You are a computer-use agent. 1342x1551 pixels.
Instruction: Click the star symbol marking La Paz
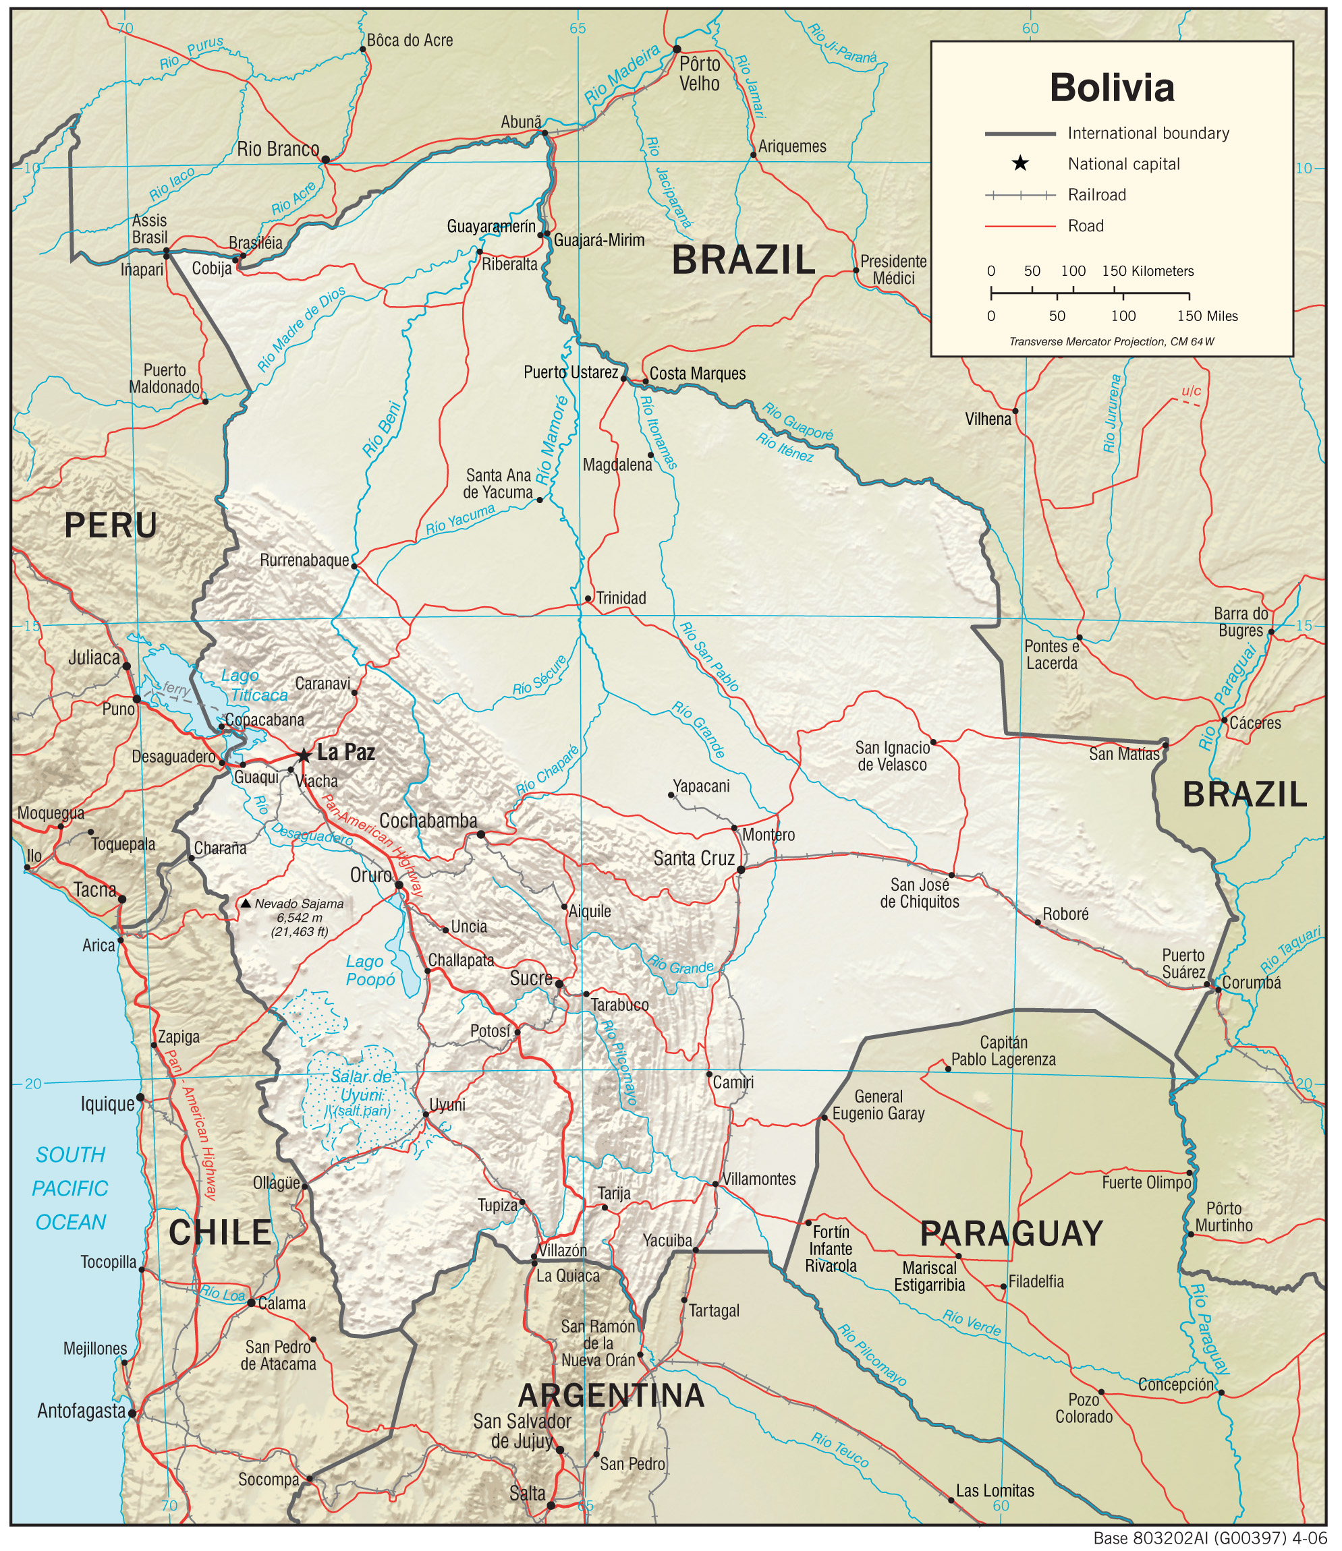304,755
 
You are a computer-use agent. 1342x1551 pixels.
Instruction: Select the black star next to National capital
1019,163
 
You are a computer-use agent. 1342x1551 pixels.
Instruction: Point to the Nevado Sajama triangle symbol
246,904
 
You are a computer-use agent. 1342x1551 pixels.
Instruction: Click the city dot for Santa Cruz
741,870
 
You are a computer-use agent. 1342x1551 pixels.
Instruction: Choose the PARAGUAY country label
1011,1233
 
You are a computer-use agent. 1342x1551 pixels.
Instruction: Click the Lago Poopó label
369,970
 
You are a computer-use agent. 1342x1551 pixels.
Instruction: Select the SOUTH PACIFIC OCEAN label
71,1188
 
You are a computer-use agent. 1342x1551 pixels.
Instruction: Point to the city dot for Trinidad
588,599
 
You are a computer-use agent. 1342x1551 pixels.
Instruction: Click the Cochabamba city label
428,821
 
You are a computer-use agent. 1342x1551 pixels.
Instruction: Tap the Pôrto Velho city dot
676,49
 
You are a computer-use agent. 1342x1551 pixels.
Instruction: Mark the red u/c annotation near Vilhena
1191,390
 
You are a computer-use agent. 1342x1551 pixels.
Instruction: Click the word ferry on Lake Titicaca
177,688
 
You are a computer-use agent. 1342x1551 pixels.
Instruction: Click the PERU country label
111,525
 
